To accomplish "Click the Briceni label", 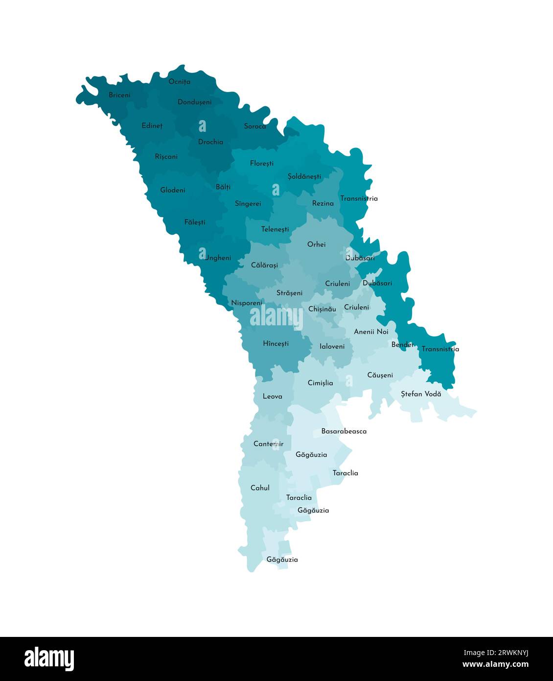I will [119, 95].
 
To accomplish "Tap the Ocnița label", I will [179, 82].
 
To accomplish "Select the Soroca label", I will [255, 126].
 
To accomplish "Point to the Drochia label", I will [210, 142].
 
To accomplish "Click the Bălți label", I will [223, 187].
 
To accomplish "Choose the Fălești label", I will [195, 222].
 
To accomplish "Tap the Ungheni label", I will [218, 258].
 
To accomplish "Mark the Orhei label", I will [316, 244].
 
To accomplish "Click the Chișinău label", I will [322, 309].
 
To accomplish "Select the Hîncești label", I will [276, 344].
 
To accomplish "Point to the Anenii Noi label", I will [371, 332].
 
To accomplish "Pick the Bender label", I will [402, 345].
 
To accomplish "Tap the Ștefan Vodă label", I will [421, 394].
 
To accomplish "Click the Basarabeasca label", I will [344, 432].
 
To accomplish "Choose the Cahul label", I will [260, 488].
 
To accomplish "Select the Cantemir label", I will [268, 444].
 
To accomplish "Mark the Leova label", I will [272, 396].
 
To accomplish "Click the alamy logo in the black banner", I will [49, 658].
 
